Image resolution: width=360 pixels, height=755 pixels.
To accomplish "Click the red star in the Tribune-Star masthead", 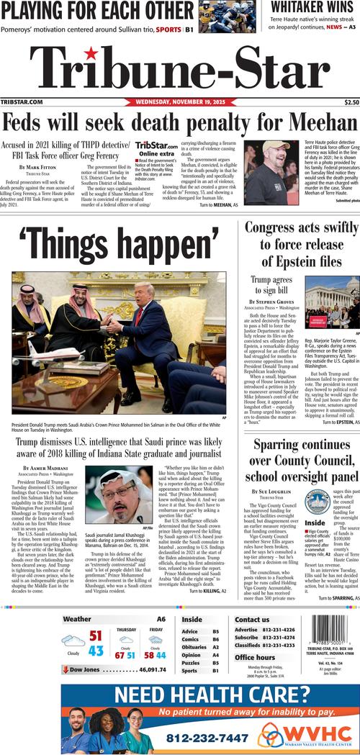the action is coord(91,53).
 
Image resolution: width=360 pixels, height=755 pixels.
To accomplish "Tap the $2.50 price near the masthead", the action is coord(351,102).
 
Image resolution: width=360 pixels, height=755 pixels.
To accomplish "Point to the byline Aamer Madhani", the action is coord(43,469).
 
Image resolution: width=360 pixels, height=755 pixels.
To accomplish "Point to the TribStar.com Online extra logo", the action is coord(156,149).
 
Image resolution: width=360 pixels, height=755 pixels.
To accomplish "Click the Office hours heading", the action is coord(255,657).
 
